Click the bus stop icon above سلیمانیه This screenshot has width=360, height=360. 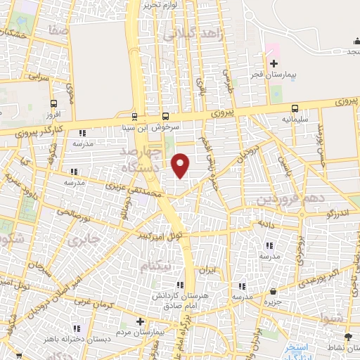pos(294,108)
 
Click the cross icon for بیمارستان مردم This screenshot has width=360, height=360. pos(140,320)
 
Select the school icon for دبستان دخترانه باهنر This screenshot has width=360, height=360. pos(77,327)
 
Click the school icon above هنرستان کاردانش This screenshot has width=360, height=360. pos(180,285)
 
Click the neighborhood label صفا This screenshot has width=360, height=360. pos(60,32)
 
